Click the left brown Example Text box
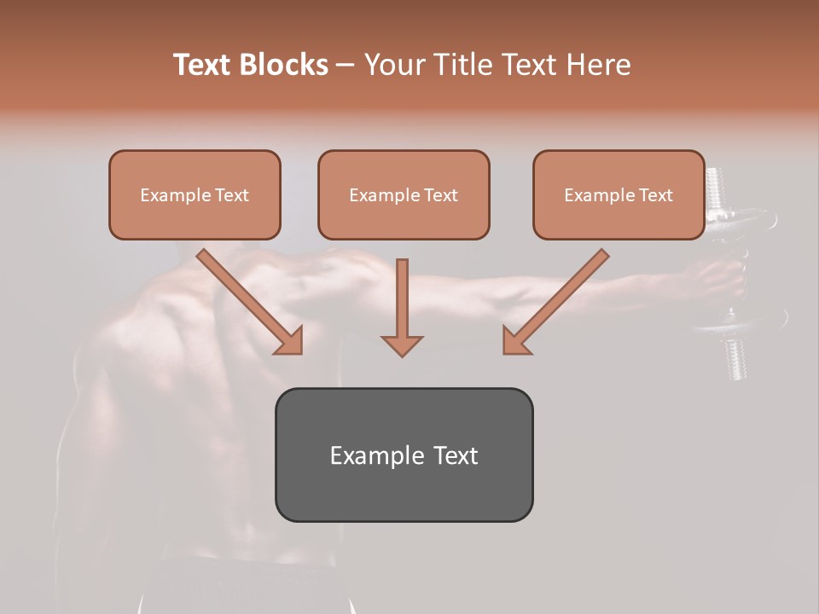click(x=195, y=194)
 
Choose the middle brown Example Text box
click(x=404, y=194)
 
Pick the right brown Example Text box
click(x=619, y=194)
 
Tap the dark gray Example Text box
click(x=404, y=455)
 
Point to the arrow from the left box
click(x=250, y=302)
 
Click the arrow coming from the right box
click(x=556, y=302)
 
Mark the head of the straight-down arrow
click(x=402, y=345)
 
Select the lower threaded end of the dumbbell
click(x=735, y=358)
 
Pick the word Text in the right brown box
click(x=655, y=195)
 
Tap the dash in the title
click(x=346, y=65)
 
